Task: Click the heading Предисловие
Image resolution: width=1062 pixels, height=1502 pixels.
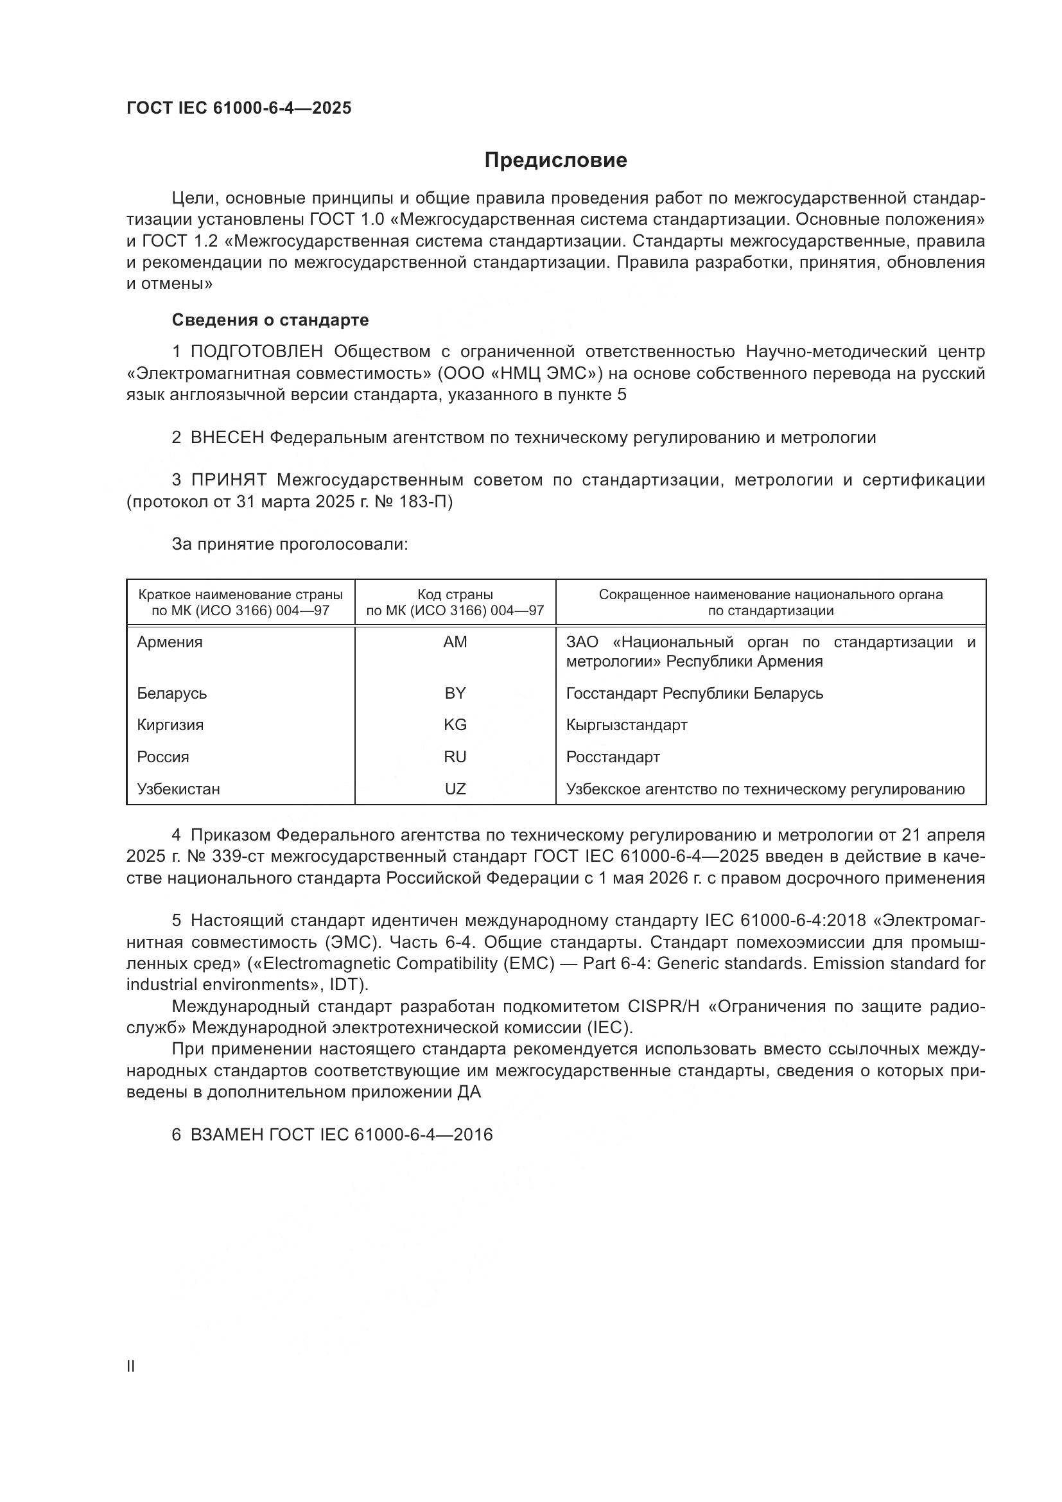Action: pos(555,161)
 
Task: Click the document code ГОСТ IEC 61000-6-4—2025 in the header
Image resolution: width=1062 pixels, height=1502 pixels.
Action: pos(239,108)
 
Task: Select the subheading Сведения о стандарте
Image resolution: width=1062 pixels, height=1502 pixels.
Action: pos(270,320)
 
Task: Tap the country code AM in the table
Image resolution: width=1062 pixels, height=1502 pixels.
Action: pos(455,642)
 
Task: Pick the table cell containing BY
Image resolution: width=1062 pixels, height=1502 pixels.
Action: pos(455,693)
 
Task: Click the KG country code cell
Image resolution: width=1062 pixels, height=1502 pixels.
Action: pos(455,725)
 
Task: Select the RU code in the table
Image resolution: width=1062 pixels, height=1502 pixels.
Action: pos(455,757)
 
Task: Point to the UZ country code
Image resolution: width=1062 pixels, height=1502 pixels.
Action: pos(455,789)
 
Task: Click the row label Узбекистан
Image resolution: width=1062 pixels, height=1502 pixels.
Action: pos(178,789)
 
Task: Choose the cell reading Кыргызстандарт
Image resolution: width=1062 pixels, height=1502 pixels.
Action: pos(627,725)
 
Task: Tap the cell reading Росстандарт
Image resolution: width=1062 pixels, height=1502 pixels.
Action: pos(613,757)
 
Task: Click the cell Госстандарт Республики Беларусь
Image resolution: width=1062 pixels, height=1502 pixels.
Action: pos(695,693)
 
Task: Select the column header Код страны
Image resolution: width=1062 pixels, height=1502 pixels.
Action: pos(455,595)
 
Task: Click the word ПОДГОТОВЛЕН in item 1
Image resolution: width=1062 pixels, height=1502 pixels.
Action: pos(257,352)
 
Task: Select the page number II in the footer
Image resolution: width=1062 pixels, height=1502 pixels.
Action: pos(131,1367)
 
